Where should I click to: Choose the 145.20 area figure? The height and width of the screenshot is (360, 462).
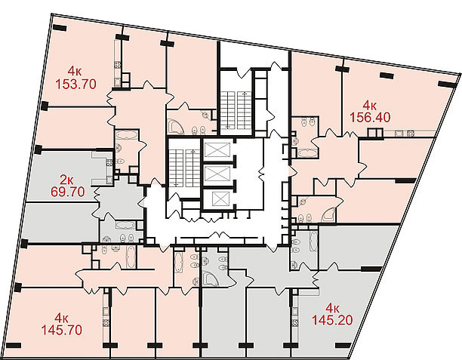click(332, 319)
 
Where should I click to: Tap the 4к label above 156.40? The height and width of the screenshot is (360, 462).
click(369, 105)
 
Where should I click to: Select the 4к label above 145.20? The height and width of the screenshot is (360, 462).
click(332, 307)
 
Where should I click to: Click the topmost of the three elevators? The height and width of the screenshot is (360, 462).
click(215, 149)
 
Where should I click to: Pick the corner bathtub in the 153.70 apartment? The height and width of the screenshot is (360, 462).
click(176, 127)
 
